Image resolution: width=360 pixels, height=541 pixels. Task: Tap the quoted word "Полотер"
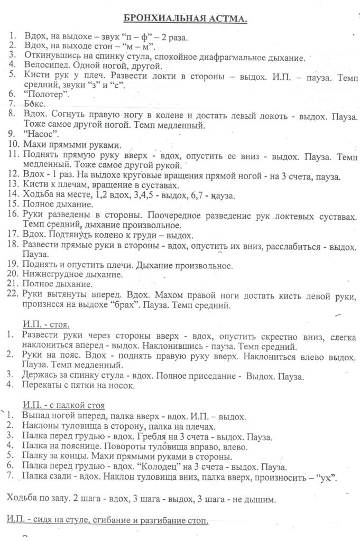click(x=47, y=94)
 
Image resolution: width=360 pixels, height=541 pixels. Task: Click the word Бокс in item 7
click(x=33, y=104)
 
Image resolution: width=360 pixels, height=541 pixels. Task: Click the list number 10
click(x=13, y=145)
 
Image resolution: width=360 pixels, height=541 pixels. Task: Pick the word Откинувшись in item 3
click(x=50, y=57)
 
